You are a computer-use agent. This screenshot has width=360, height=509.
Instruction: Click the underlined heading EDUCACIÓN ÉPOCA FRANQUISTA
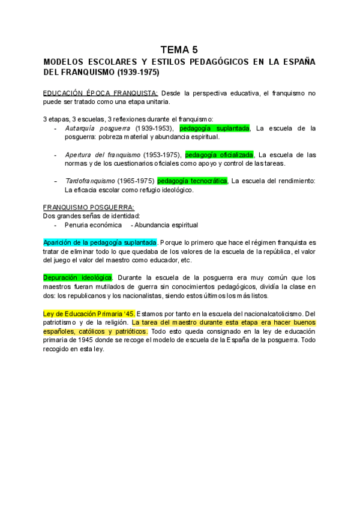point(100,94)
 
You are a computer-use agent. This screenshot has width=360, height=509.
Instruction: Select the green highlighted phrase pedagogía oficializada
point(220,155)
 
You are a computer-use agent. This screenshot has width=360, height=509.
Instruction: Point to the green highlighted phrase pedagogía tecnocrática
point(192,181)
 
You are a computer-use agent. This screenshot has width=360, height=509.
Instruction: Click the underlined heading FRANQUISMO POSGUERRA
point(89,208)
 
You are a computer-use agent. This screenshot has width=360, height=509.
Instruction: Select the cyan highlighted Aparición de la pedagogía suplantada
point(100,242)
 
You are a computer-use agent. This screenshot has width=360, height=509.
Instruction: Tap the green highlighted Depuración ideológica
point(77,277)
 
